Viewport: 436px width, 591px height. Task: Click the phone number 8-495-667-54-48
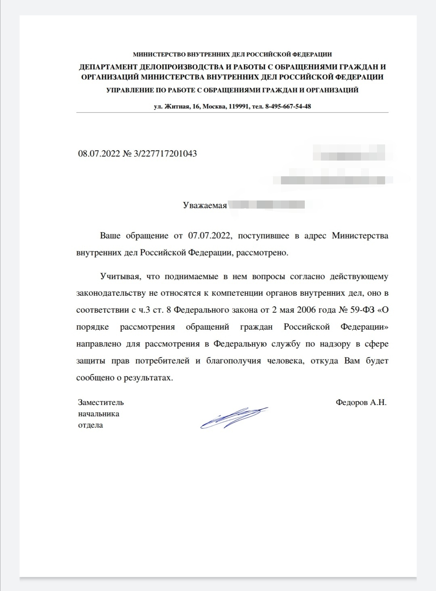(288, 107)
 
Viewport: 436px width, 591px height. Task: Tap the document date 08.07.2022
(99, 154)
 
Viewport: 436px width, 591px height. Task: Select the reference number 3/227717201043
(165, 154)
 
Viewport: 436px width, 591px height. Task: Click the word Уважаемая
(205, 205)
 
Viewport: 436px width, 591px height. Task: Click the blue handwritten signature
(234, 417)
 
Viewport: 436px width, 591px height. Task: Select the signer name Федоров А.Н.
(361, 402)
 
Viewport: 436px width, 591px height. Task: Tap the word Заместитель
(101, 402)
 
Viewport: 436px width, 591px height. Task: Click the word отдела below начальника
(90, 425)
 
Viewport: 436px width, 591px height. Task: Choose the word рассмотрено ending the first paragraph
(262, 253)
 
